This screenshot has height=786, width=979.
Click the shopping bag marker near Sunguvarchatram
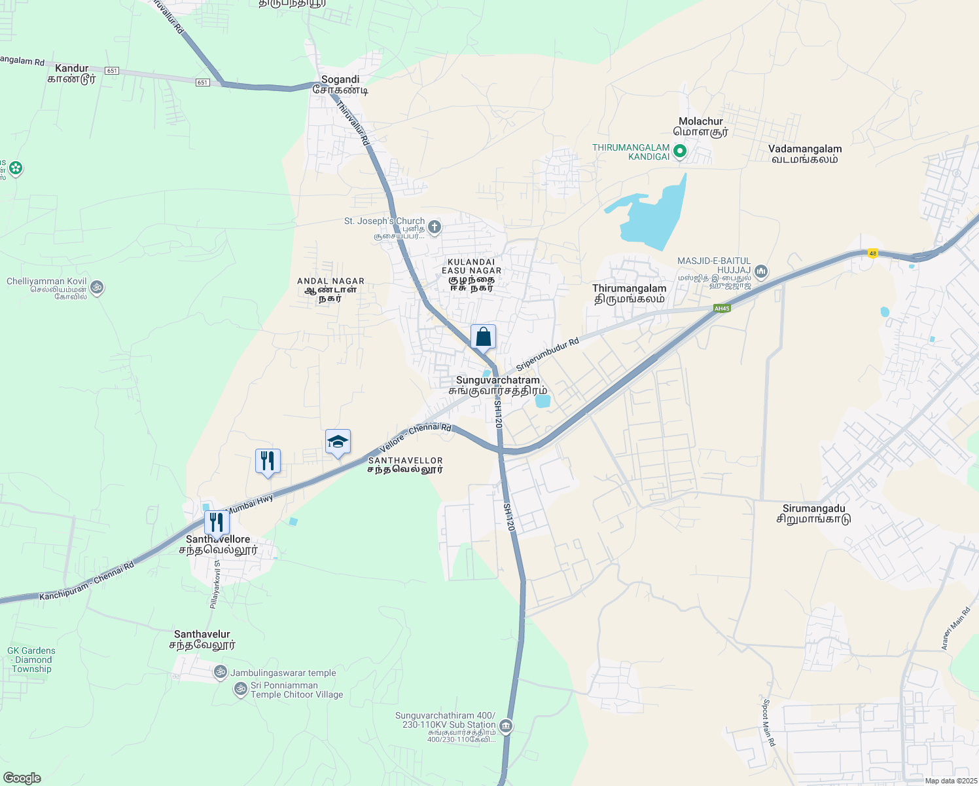(x=483, y=337)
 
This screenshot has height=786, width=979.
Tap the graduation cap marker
(x=338, y=442)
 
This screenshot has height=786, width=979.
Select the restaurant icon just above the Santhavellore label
(x=217, y=523)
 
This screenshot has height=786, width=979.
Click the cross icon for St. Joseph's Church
(x=434, y=227)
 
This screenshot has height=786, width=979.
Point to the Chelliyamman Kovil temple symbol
(x=97, y=287)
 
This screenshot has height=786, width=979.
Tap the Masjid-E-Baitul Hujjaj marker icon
(x=760, y=271)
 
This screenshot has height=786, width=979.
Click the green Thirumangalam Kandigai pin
(x=679, y=152)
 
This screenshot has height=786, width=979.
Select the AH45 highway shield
(x=722, y=309)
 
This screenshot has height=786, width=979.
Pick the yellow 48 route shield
(x=872, y=253)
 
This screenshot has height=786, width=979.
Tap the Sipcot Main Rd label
(x=768, y=722)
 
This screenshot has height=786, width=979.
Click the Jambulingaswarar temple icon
(x=221, y=672)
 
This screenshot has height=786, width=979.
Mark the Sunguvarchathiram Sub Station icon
(x=505, y=726)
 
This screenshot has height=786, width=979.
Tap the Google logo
(x=22, y=778)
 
